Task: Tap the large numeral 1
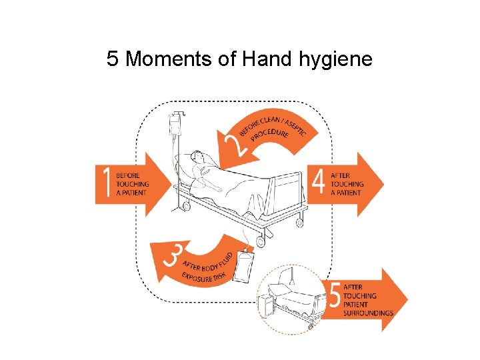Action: [x=105, y=185]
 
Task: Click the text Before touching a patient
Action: [x=132, y=185]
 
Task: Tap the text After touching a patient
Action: [x=347, y=184]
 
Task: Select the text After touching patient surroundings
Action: [x=368, y=300]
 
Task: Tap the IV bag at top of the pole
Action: [x=175, y=125]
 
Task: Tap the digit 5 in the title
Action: [x=112, y=59]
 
